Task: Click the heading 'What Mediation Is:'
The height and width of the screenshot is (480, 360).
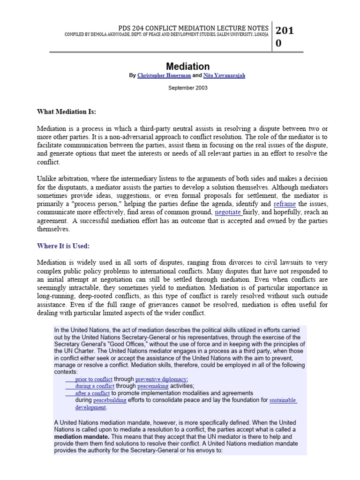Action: click(x=67, y=112)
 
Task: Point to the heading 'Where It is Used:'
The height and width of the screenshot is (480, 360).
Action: click(x=63, y=246)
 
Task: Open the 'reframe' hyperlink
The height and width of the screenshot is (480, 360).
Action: click(x=285, y=204)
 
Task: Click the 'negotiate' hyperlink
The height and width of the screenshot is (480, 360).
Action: click(x=228, y=212)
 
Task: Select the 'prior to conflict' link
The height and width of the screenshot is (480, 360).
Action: click(x=94, y=379)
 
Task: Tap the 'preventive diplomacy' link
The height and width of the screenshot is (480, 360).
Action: click(x=161, y=379)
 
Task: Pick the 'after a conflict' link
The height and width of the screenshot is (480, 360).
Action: click(x=92, y=393)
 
